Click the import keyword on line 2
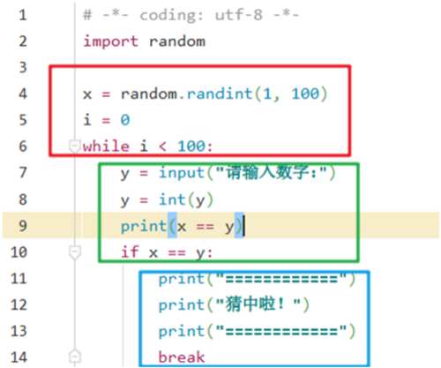point(110,41)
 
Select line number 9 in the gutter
point(23,226)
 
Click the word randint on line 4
point(220,94)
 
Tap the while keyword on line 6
point(106,146)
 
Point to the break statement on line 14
point(182,357)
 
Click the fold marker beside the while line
point(74,146)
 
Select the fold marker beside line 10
point(75,252)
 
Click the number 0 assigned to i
point(125,120)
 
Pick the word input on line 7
point(182,173)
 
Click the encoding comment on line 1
point(191,15)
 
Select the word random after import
point(177,41)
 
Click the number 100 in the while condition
point(191,146)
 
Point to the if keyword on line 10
point(130,252)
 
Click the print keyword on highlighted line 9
point(144,226)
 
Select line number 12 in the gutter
point(19,304)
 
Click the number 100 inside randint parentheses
point(305,94)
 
